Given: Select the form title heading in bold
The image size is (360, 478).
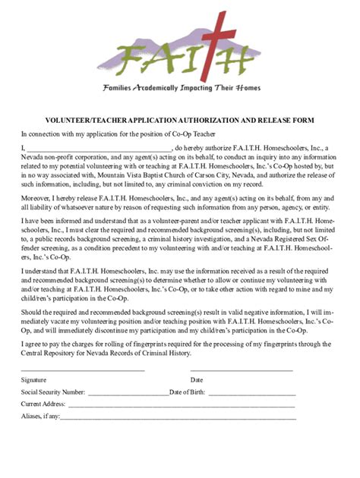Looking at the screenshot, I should pos(179,120).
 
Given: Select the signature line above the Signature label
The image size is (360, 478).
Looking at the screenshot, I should pos(83,370).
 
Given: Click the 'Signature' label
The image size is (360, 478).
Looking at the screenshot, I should pos(33,379).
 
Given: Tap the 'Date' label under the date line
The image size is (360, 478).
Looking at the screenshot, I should pos(197,379).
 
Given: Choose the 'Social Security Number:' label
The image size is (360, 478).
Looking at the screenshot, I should pos(53,392).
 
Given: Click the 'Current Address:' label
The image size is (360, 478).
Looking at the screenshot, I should pos(43,404).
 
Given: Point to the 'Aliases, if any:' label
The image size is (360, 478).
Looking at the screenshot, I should pos(40,417).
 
